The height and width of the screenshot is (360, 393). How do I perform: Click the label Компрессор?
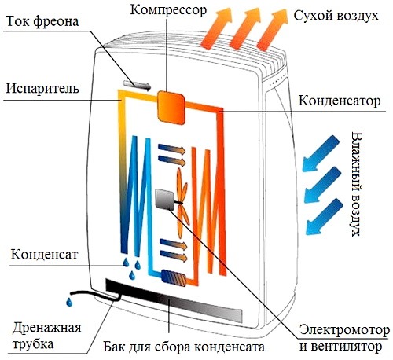[168, 10]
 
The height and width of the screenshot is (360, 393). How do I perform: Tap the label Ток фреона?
[42, 21]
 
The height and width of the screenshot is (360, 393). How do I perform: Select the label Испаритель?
[42, 88]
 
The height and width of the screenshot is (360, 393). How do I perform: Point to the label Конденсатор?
[340, 101]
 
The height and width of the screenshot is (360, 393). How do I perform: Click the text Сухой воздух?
[336, 16]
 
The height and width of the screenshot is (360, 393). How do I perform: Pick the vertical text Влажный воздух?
[357, 184]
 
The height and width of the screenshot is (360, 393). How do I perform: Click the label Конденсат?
[44, 254]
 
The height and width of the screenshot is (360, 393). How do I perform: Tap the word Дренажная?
[46, 328]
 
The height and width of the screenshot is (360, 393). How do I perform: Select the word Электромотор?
[344, 330]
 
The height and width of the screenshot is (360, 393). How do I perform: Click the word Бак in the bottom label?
[113, 347]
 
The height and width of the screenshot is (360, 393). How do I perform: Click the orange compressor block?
[171, 108]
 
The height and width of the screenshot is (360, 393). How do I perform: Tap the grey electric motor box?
[165, 200]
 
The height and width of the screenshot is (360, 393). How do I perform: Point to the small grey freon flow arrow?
[137, 85]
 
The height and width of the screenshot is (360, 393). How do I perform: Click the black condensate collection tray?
[174, 300]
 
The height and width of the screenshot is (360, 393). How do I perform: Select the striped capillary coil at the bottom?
[174, 277]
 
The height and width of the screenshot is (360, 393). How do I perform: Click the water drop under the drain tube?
[69, 302]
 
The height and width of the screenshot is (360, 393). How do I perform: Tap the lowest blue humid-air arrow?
[325, 216]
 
